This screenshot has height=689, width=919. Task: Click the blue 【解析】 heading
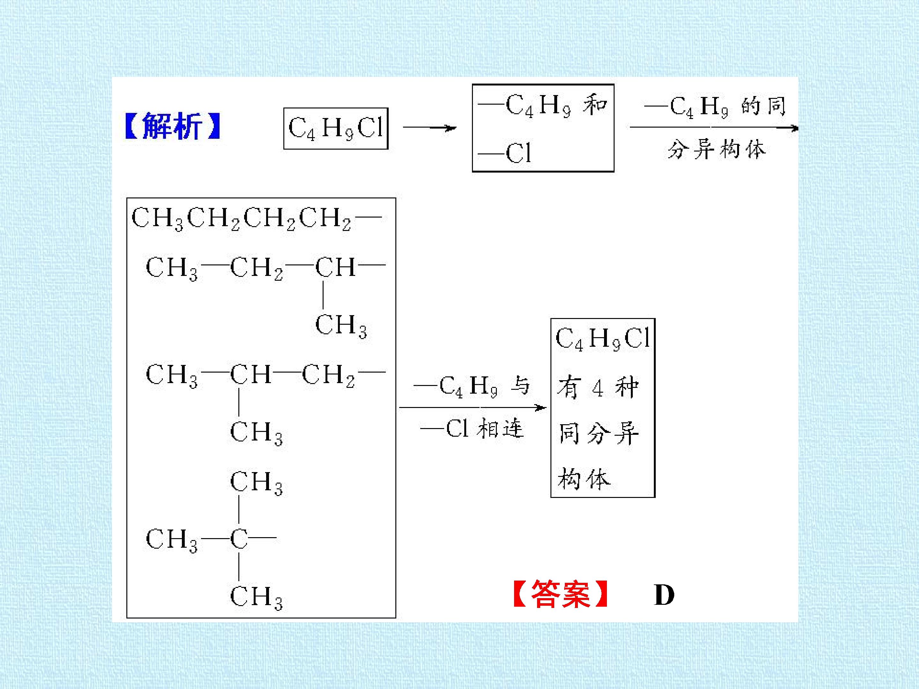coord(172,126)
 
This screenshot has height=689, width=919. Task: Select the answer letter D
coord(664,595)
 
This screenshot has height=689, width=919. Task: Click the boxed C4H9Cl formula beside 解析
coord(336,128)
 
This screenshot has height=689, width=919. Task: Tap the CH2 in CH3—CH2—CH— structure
coord(256,268)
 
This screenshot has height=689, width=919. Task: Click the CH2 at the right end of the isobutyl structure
coord(328,375)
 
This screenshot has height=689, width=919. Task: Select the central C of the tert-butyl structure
coord(239,539)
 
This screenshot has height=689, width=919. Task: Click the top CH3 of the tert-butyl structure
coord(256,483)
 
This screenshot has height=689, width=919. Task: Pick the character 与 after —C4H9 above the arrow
coord(520,385)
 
